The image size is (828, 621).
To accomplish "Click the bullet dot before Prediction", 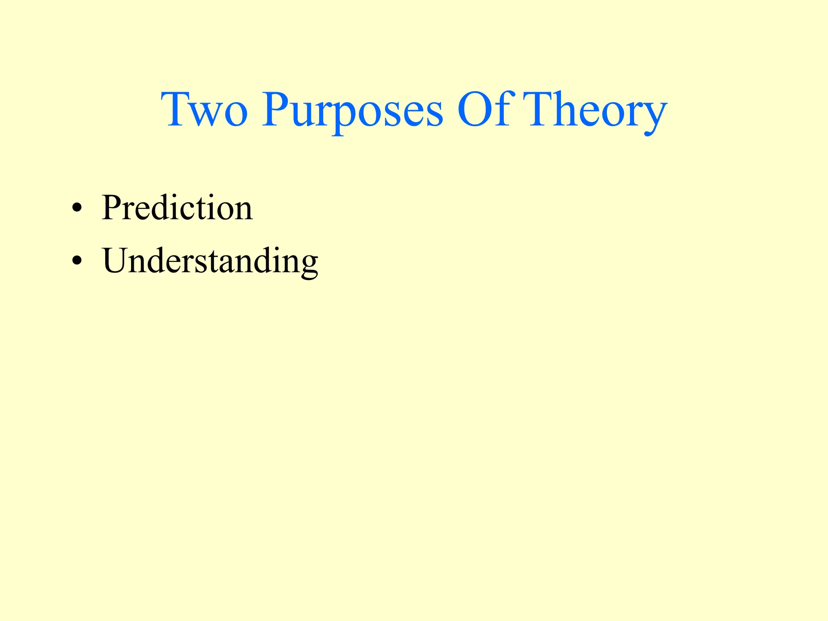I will click(76, 209).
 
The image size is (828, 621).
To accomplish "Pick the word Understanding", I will click(210, 262).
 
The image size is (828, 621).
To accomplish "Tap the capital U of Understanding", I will click(118, 261).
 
